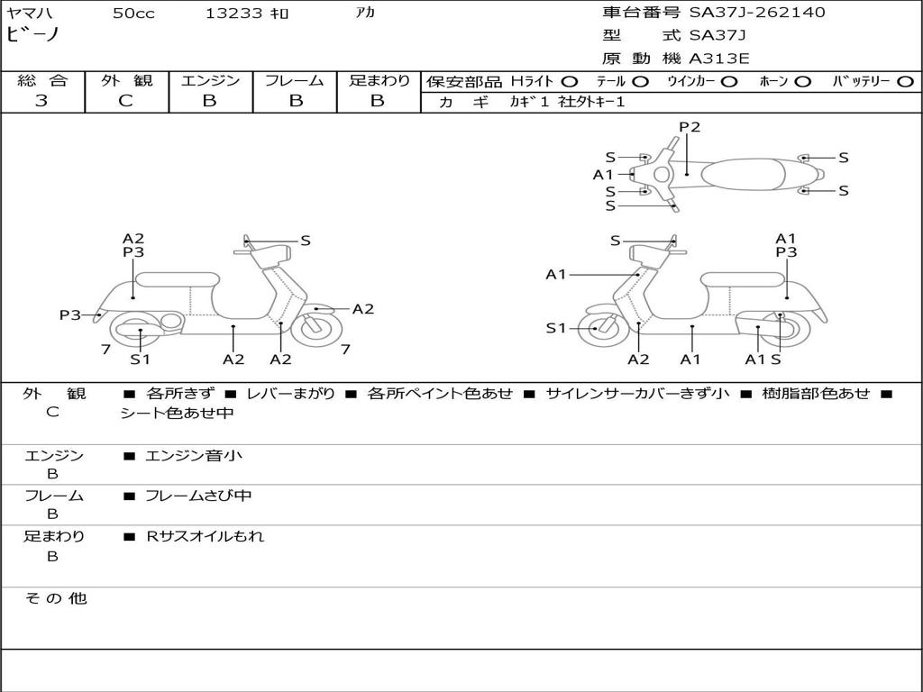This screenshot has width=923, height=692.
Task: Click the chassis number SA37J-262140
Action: click(x=757, y=12)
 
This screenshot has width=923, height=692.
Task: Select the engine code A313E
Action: click(x=718, y=59)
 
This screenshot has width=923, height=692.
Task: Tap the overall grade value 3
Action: click(x=41, y=101)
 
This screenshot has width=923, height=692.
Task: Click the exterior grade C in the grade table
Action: click(x=126, y=101)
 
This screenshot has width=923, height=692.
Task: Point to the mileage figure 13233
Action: click(x=233, y=13)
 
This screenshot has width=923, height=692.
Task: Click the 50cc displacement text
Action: click(x=133, y=13)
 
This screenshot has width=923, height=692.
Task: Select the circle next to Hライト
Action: click(x=570, y=82)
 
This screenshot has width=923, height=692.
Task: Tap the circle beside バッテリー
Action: click(x=905, y=82)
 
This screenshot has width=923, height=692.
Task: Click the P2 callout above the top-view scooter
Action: click(x=690, y=127)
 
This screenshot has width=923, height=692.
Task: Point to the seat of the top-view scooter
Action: click(x=743, y=174)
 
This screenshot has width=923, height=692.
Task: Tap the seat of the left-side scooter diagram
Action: click(x=178, y=279)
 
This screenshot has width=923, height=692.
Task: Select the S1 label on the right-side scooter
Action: click(x=555, y=328)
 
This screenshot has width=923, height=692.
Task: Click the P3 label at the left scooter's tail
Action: click(x=70, y=315)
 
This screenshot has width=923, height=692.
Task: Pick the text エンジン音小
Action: click(x=194, y=455)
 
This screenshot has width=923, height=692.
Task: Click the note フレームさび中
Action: click(x=198, y=496)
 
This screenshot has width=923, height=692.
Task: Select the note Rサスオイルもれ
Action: click(x=205, y=536)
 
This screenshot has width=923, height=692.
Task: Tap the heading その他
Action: click(x=56, y=598)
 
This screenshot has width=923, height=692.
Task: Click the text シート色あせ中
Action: click(x=177, y=413)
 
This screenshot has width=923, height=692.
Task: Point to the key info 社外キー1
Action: click(x=591, y=102)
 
